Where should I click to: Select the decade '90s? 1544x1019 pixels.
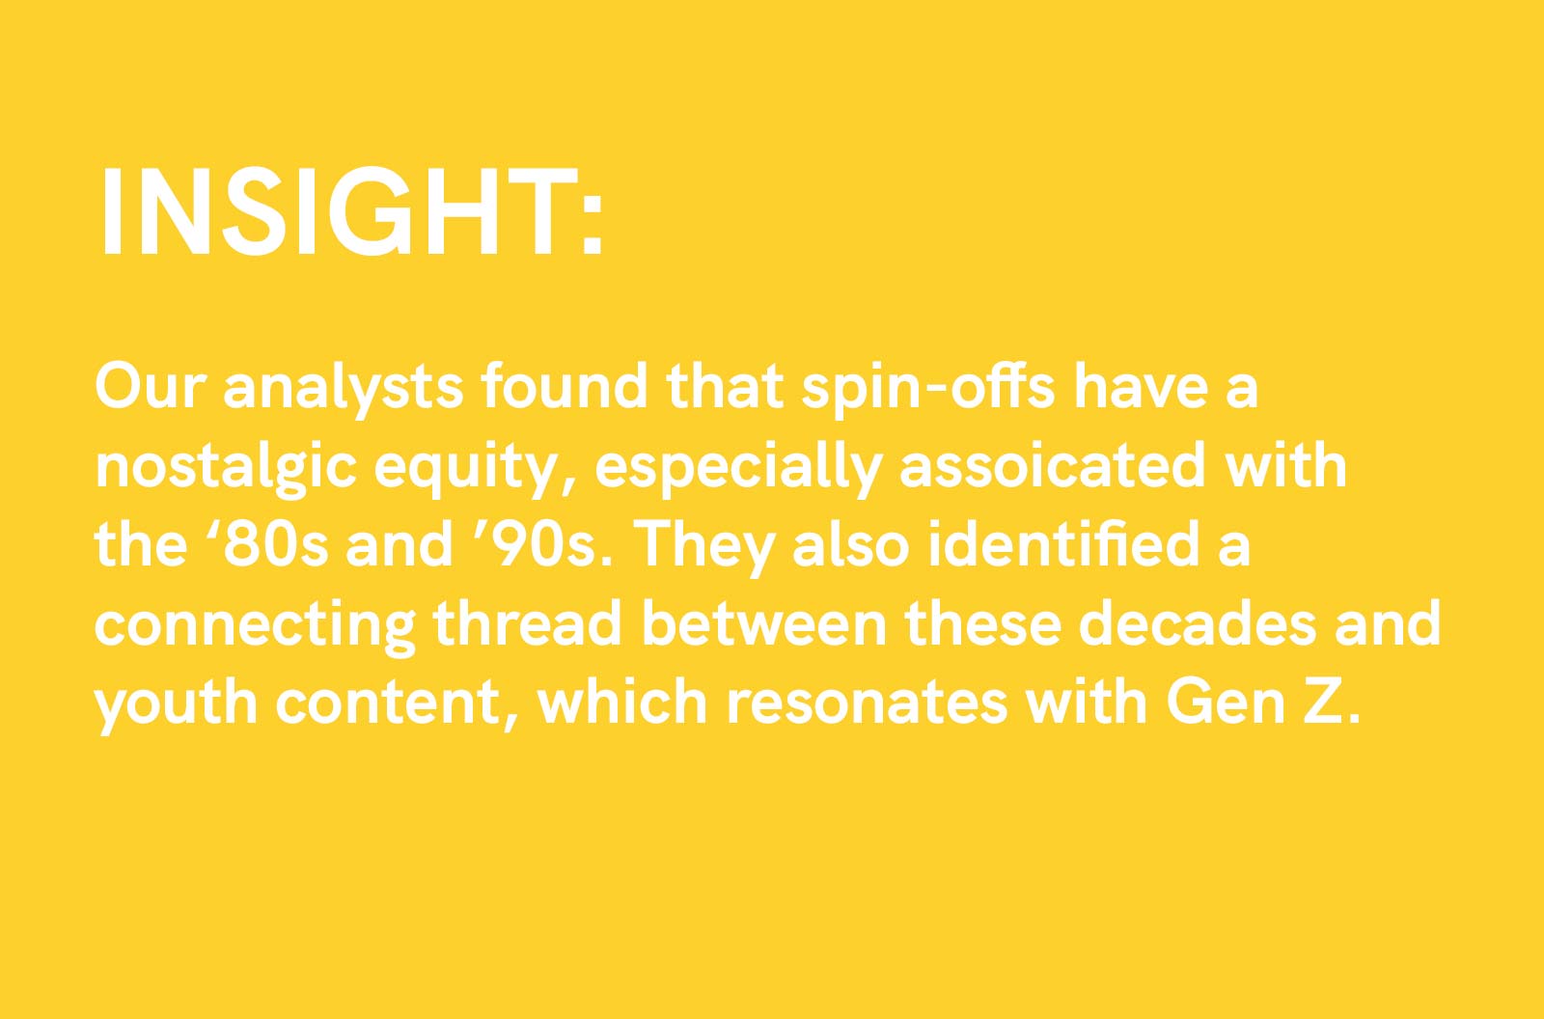click(x=549, y=545)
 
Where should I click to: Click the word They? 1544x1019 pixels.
click(x=707, y=549)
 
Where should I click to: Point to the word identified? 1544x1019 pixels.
click(x=1064, y=544)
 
